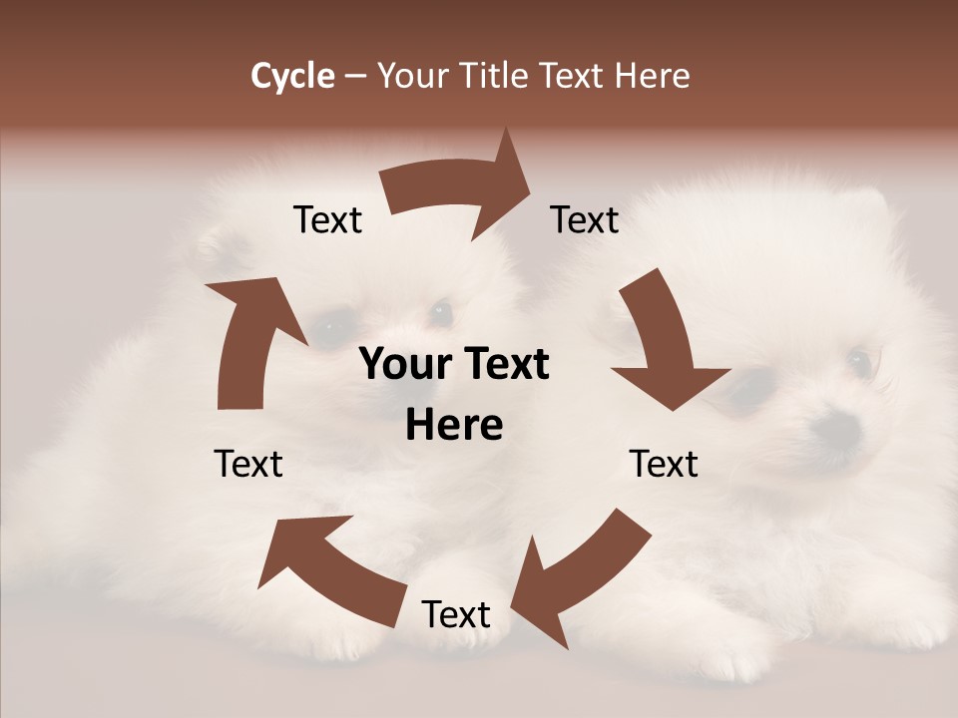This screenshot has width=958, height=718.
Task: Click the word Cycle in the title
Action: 292,76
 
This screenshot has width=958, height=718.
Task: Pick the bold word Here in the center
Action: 454,426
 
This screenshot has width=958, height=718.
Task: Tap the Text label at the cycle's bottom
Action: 456,614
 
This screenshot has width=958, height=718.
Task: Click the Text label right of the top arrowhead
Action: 585,219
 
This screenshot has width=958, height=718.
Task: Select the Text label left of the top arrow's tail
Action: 327,219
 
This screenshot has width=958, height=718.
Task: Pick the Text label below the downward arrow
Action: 664,464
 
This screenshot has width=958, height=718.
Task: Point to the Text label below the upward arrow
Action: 248,464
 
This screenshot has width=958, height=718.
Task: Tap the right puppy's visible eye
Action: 858,361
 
